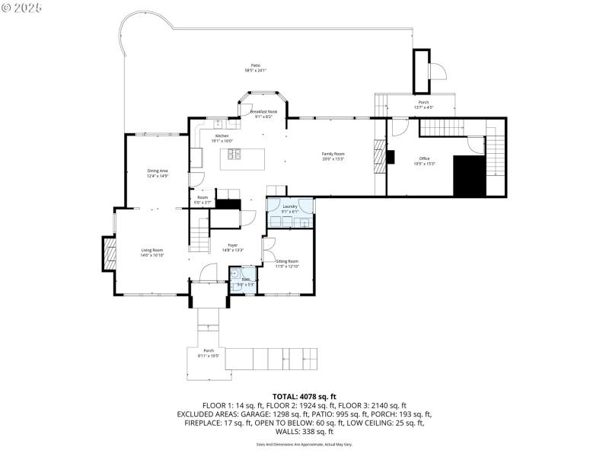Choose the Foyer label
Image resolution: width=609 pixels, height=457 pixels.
point(233,247)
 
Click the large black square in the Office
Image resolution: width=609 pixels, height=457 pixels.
point(469,176)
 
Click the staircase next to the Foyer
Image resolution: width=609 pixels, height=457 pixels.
point(199,234)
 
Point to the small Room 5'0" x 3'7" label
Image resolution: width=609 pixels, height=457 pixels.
point(202,201)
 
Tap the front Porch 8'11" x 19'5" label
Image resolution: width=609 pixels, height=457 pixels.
point(209,353)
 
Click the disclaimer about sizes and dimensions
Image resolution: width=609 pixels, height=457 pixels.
point(304,444)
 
